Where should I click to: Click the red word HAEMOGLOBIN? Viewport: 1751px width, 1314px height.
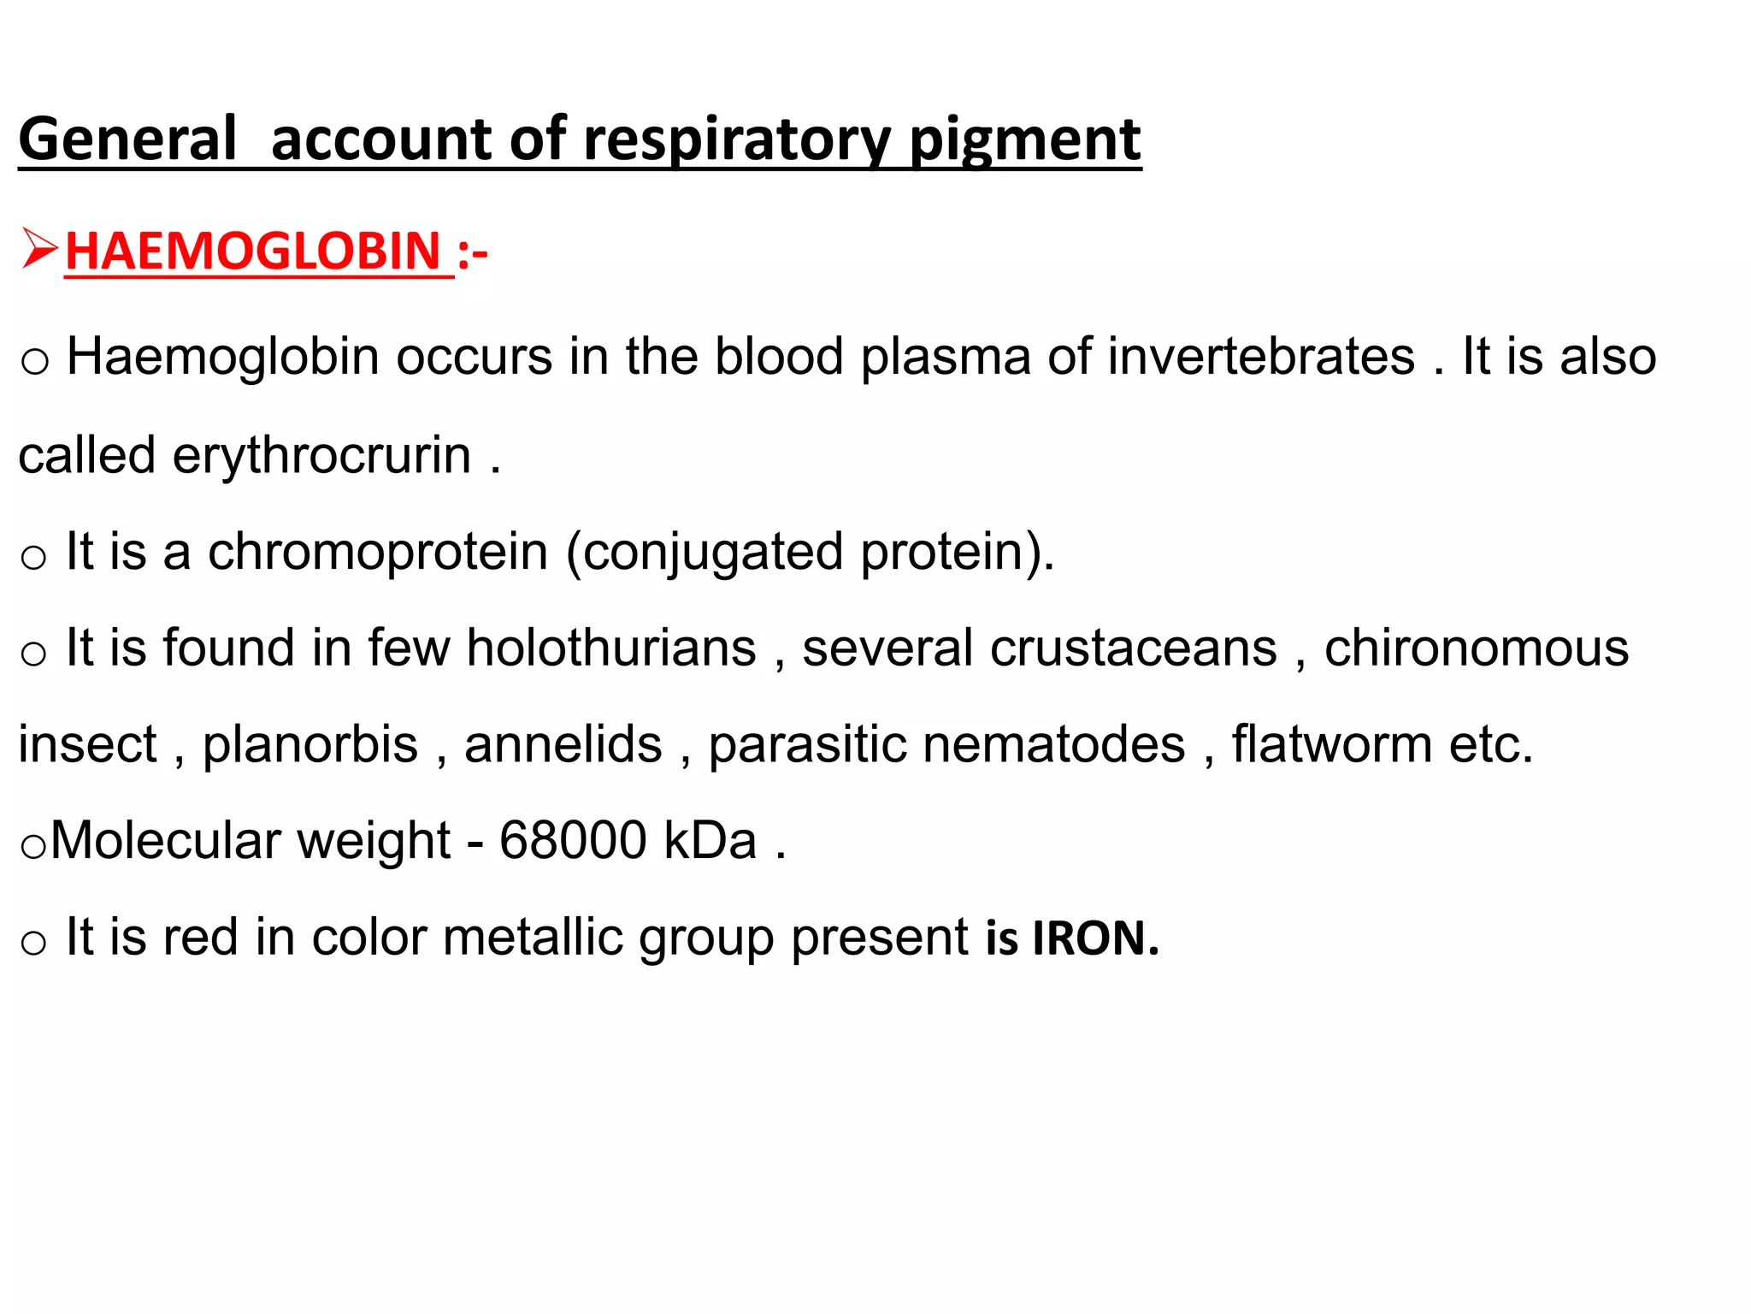(x=253, y=252)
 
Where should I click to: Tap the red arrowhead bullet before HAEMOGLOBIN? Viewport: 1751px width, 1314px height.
(x=39, y=250)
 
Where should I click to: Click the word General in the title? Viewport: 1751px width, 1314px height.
(x=127, y=139)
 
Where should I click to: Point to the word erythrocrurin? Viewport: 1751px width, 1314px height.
(x=321, y=455)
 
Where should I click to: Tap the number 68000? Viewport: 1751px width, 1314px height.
(x=573, y=840)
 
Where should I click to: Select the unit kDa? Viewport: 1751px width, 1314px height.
(x=710, y=840)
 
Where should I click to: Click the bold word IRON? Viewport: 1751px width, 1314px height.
(x=1095, y=938)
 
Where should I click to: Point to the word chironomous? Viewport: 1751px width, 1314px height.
(x=1477, y=648)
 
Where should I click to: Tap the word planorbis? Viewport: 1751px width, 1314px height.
(x=310, y=744)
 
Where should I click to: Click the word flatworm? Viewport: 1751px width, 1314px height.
(x=1331, y=744)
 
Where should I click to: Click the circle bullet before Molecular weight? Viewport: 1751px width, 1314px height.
(x=33, y=847)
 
